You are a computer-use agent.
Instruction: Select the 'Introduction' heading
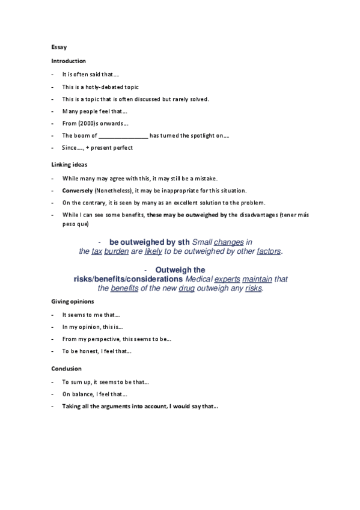pyautogui.click(x=69, y=61)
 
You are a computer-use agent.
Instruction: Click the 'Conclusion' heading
pyautogui.click(x=66, y=369)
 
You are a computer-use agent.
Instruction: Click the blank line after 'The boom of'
pyautogui.click(x=123, y=136)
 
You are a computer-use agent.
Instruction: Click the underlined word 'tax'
pyautogui.click(x=97, y=251)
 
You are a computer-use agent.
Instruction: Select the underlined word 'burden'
pyautogui.click(x=117, y=251)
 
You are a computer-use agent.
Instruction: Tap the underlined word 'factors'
pyautogui.click(x=269, y=251)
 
